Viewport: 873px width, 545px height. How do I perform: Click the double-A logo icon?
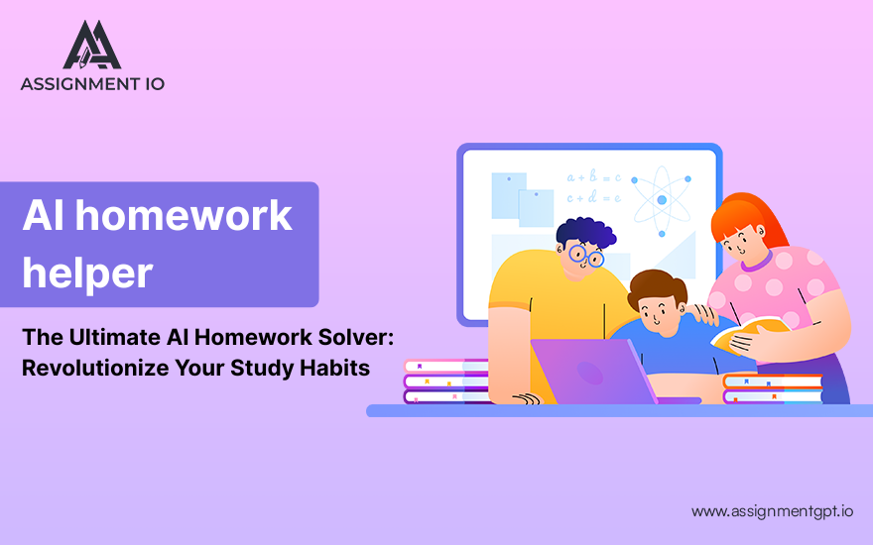coord(92,45)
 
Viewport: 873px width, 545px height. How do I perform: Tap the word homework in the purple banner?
coord(184,215)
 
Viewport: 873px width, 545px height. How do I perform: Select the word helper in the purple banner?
coord(87,272)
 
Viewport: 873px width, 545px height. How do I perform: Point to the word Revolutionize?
coord(95,368)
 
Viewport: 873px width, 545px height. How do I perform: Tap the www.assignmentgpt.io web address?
coord(772,511)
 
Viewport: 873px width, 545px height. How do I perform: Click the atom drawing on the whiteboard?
coord(662,200)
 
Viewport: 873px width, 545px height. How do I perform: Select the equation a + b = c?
coord(593,177)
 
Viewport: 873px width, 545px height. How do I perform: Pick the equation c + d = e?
coord(593,197)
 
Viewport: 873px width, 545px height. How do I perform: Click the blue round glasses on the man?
coord(586,256)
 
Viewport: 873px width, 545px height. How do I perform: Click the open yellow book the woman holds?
coord(749,334)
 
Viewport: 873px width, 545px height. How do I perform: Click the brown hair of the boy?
coord(658,286)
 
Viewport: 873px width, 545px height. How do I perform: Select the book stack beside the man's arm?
coord(446,381)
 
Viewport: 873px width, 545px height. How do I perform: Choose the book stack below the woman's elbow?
coord(773,388)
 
